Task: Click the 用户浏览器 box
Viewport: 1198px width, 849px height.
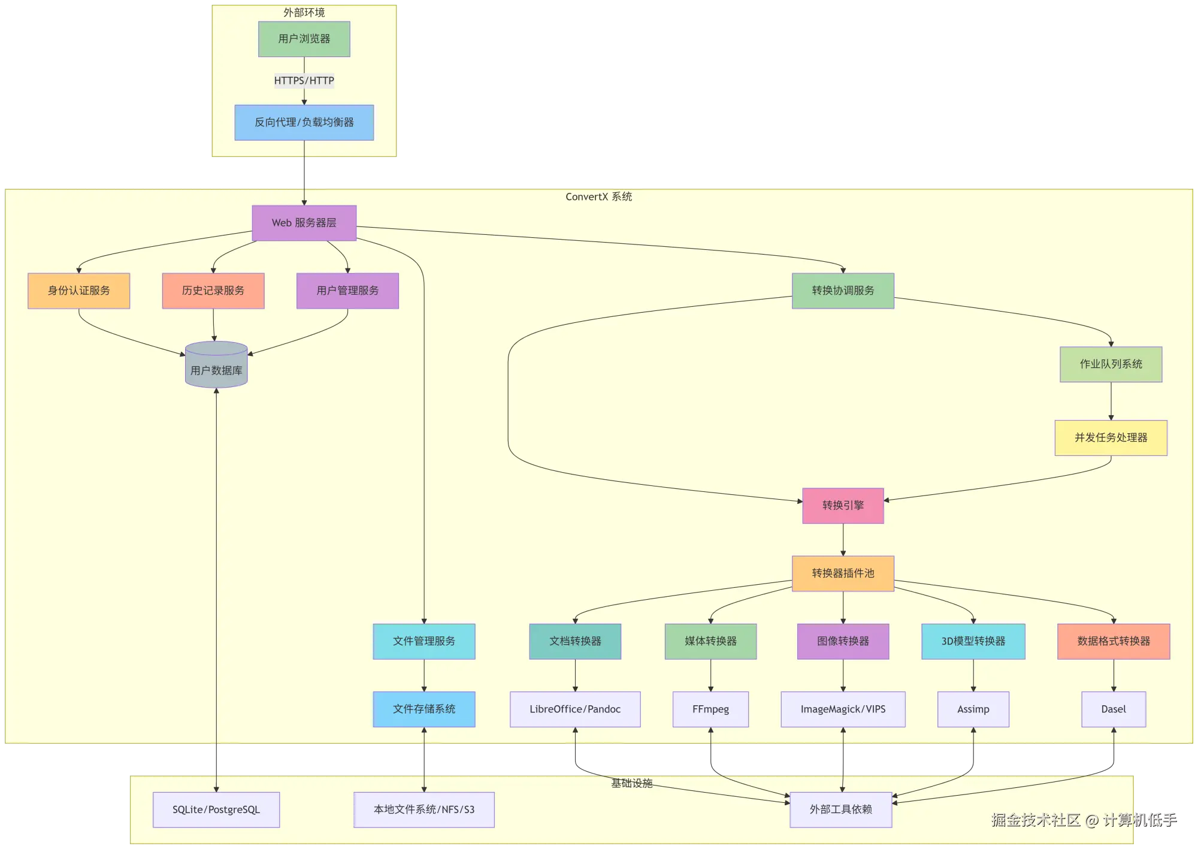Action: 304,39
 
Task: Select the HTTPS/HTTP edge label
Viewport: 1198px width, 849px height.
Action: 304,80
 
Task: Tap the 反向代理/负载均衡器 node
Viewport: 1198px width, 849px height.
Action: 304,122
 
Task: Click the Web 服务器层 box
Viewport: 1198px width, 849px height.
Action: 304,223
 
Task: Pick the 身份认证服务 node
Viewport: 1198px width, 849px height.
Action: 78,291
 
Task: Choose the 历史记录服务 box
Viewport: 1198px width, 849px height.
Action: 213,291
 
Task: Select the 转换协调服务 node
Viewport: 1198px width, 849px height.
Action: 843,291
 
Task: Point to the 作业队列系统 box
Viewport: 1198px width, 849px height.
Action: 1111,364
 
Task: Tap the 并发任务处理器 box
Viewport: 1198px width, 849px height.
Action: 1111,437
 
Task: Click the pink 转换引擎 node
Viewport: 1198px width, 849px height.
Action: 843,506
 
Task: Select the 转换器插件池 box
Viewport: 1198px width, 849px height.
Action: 843,573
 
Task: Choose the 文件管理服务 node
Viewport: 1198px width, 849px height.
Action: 423,641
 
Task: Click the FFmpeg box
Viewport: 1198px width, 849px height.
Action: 710,709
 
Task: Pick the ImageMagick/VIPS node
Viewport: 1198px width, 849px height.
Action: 843,709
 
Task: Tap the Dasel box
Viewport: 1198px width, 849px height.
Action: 1113,709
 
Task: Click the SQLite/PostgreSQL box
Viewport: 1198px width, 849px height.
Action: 216,809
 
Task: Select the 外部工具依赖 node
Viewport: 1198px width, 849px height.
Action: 840,809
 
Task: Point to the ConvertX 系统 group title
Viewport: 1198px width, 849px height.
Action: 598,197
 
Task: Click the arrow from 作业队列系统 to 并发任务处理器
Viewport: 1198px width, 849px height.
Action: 1111,401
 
